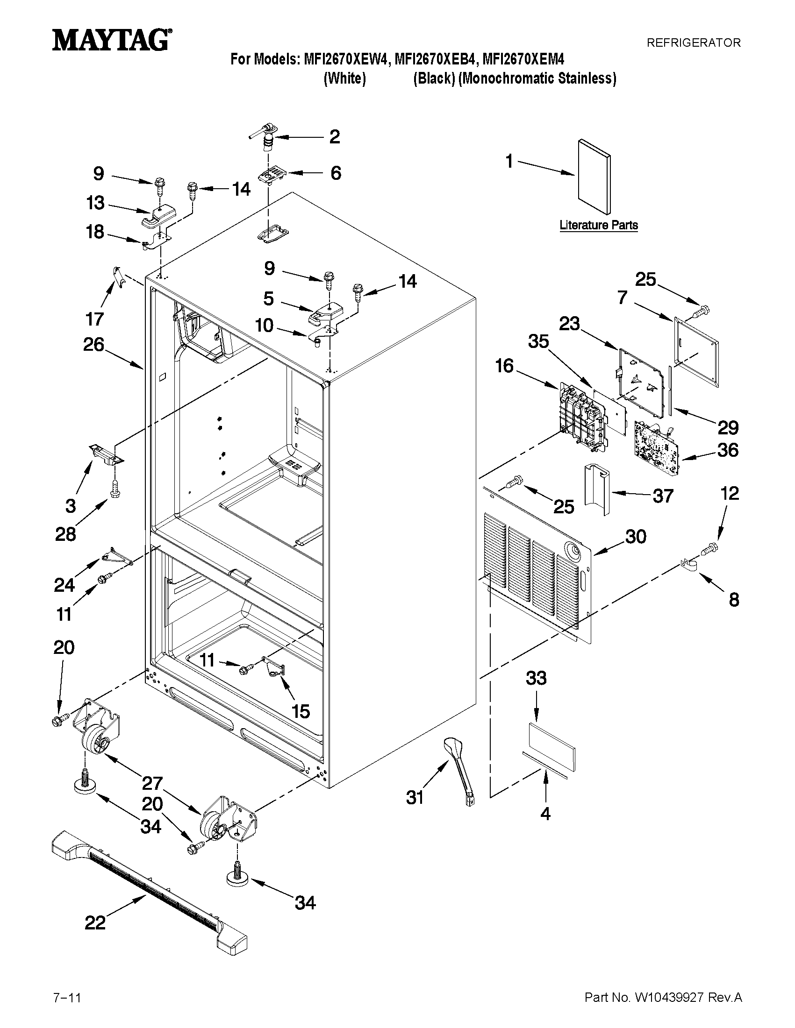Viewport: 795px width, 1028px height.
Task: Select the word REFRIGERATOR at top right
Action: pos(693,43)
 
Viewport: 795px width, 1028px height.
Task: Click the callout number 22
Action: pos(95,923)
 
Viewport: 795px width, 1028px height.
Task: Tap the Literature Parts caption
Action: pos(599,225)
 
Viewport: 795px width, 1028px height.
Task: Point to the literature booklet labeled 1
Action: pos(594,176)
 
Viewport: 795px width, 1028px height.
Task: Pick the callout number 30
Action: pos(635,537)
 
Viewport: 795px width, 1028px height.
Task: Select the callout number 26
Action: pos(93,345)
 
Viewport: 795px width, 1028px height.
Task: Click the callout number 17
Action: pos(94,319)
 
